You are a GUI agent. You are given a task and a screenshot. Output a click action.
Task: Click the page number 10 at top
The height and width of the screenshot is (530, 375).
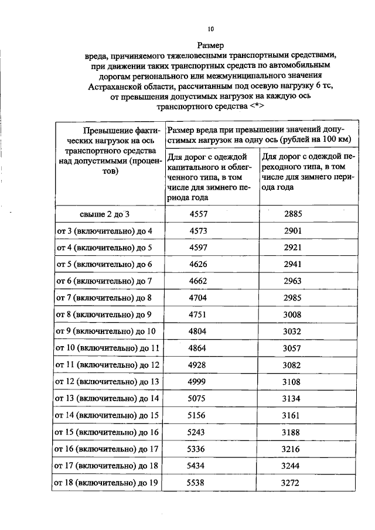(211, 29)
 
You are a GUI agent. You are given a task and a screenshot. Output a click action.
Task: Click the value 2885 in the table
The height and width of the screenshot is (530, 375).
(293, 214)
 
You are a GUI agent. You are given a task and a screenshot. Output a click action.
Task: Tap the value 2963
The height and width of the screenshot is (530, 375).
(293, 282)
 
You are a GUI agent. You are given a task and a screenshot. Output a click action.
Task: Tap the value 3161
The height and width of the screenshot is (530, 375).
(293, 416)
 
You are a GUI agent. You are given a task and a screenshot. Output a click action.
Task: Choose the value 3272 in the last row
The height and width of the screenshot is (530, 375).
(293, 484)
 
